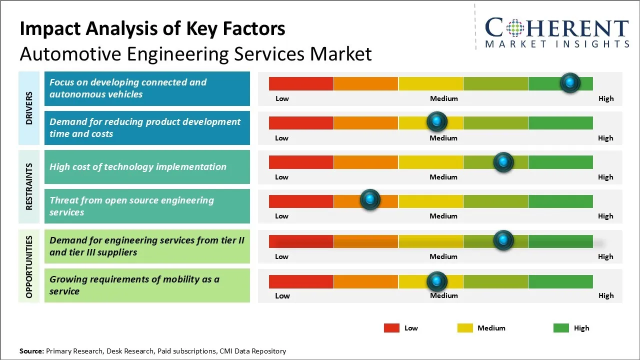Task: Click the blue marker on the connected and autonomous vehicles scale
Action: coord(570,83)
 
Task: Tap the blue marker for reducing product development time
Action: coord(437,121)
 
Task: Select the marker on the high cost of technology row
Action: coord(503,162)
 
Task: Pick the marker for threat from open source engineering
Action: coord(370,200)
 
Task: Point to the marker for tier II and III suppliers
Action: coord(503,240)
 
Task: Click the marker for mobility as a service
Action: coord(437,281)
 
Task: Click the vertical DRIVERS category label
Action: coord(29,108)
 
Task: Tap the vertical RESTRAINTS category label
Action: coord(29,186)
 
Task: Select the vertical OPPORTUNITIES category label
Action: coord(29,267)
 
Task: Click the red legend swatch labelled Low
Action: coord(391,328)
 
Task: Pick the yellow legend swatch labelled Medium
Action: coord(465,328)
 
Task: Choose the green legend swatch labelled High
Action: coord(561,328)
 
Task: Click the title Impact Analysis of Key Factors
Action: coord(152,29)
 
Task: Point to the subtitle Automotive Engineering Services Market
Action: coord(195,53)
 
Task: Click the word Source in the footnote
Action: coord(31,351)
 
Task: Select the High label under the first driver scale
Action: coord(606,98)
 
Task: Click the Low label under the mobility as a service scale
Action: coord(282,295)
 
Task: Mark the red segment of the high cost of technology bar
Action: coord(301,162)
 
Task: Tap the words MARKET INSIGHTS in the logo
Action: coord(557,44)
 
